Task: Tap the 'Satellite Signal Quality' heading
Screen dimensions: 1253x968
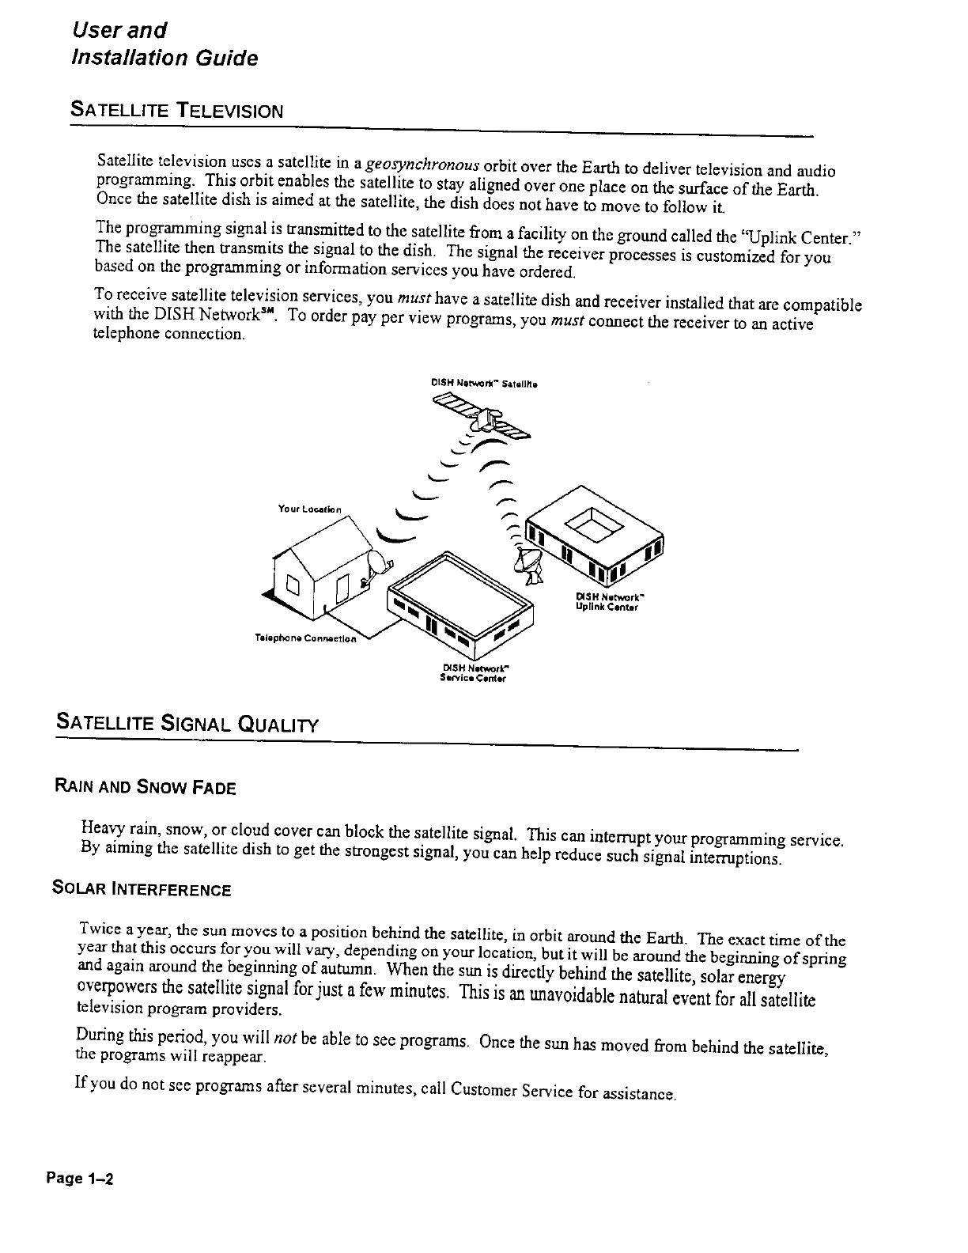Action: [x=187, y=723]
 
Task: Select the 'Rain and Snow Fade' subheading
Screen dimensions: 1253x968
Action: [x=145, y=787]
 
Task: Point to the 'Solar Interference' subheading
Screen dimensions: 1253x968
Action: [x=142, y=889]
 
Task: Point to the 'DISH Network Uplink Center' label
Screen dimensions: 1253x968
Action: [x=607, y=602]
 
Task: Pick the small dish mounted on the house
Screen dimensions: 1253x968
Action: [x=380, y=567]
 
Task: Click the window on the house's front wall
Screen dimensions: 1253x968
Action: [x=291, y=586]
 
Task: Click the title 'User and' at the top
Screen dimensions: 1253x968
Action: [x=119, y=30]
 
